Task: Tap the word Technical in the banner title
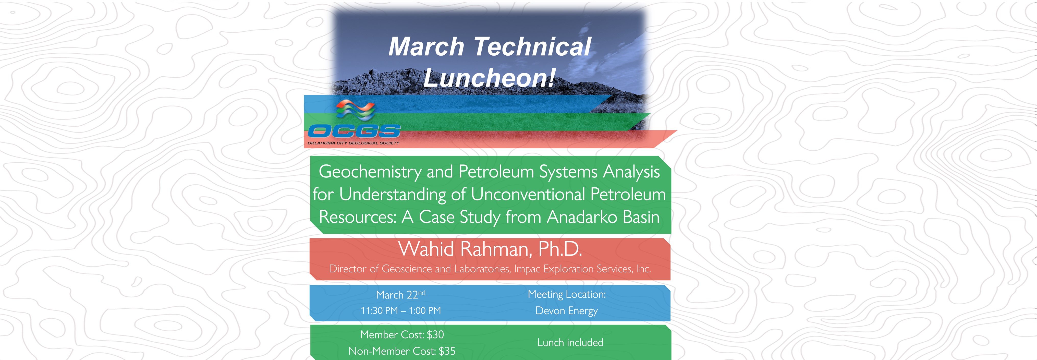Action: [532, 46]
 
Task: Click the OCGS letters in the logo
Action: [354, 131]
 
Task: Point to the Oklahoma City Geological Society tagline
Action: [353, 143]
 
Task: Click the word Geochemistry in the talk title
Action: [370, 172]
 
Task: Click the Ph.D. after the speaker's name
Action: [560, 249]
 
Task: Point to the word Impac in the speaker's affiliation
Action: [527, 269]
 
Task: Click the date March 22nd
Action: [400, 294]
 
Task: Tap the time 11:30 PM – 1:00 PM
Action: [400, 310]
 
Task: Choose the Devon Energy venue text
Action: [566, 311]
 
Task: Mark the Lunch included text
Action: [570, 343]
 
